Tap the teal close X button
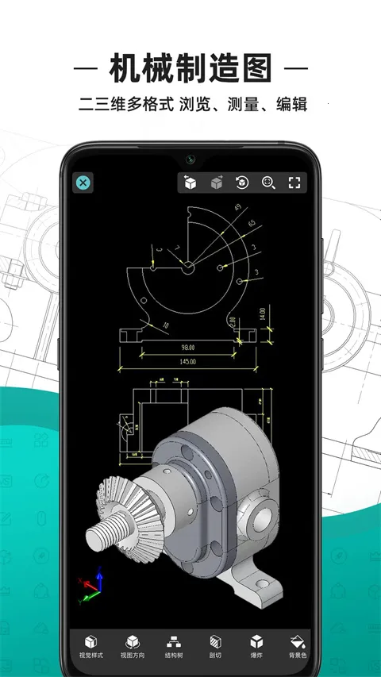coord(83,183)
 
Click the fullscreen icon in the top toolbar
coord(294,183)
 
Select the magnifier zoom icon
coord(268,183)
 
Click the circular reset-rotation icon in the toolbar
coord(241,183)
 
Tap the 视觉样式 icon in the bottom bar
coord(91,641)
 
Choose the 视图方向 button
coord(132,641)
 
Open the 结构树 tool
coord(172,641)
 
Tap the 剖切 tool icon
coord(214,641)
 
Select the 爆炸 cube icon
coord(256,641)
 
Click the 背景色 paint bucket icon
coord(297,641)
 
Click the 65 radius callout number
coord(252,225)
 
